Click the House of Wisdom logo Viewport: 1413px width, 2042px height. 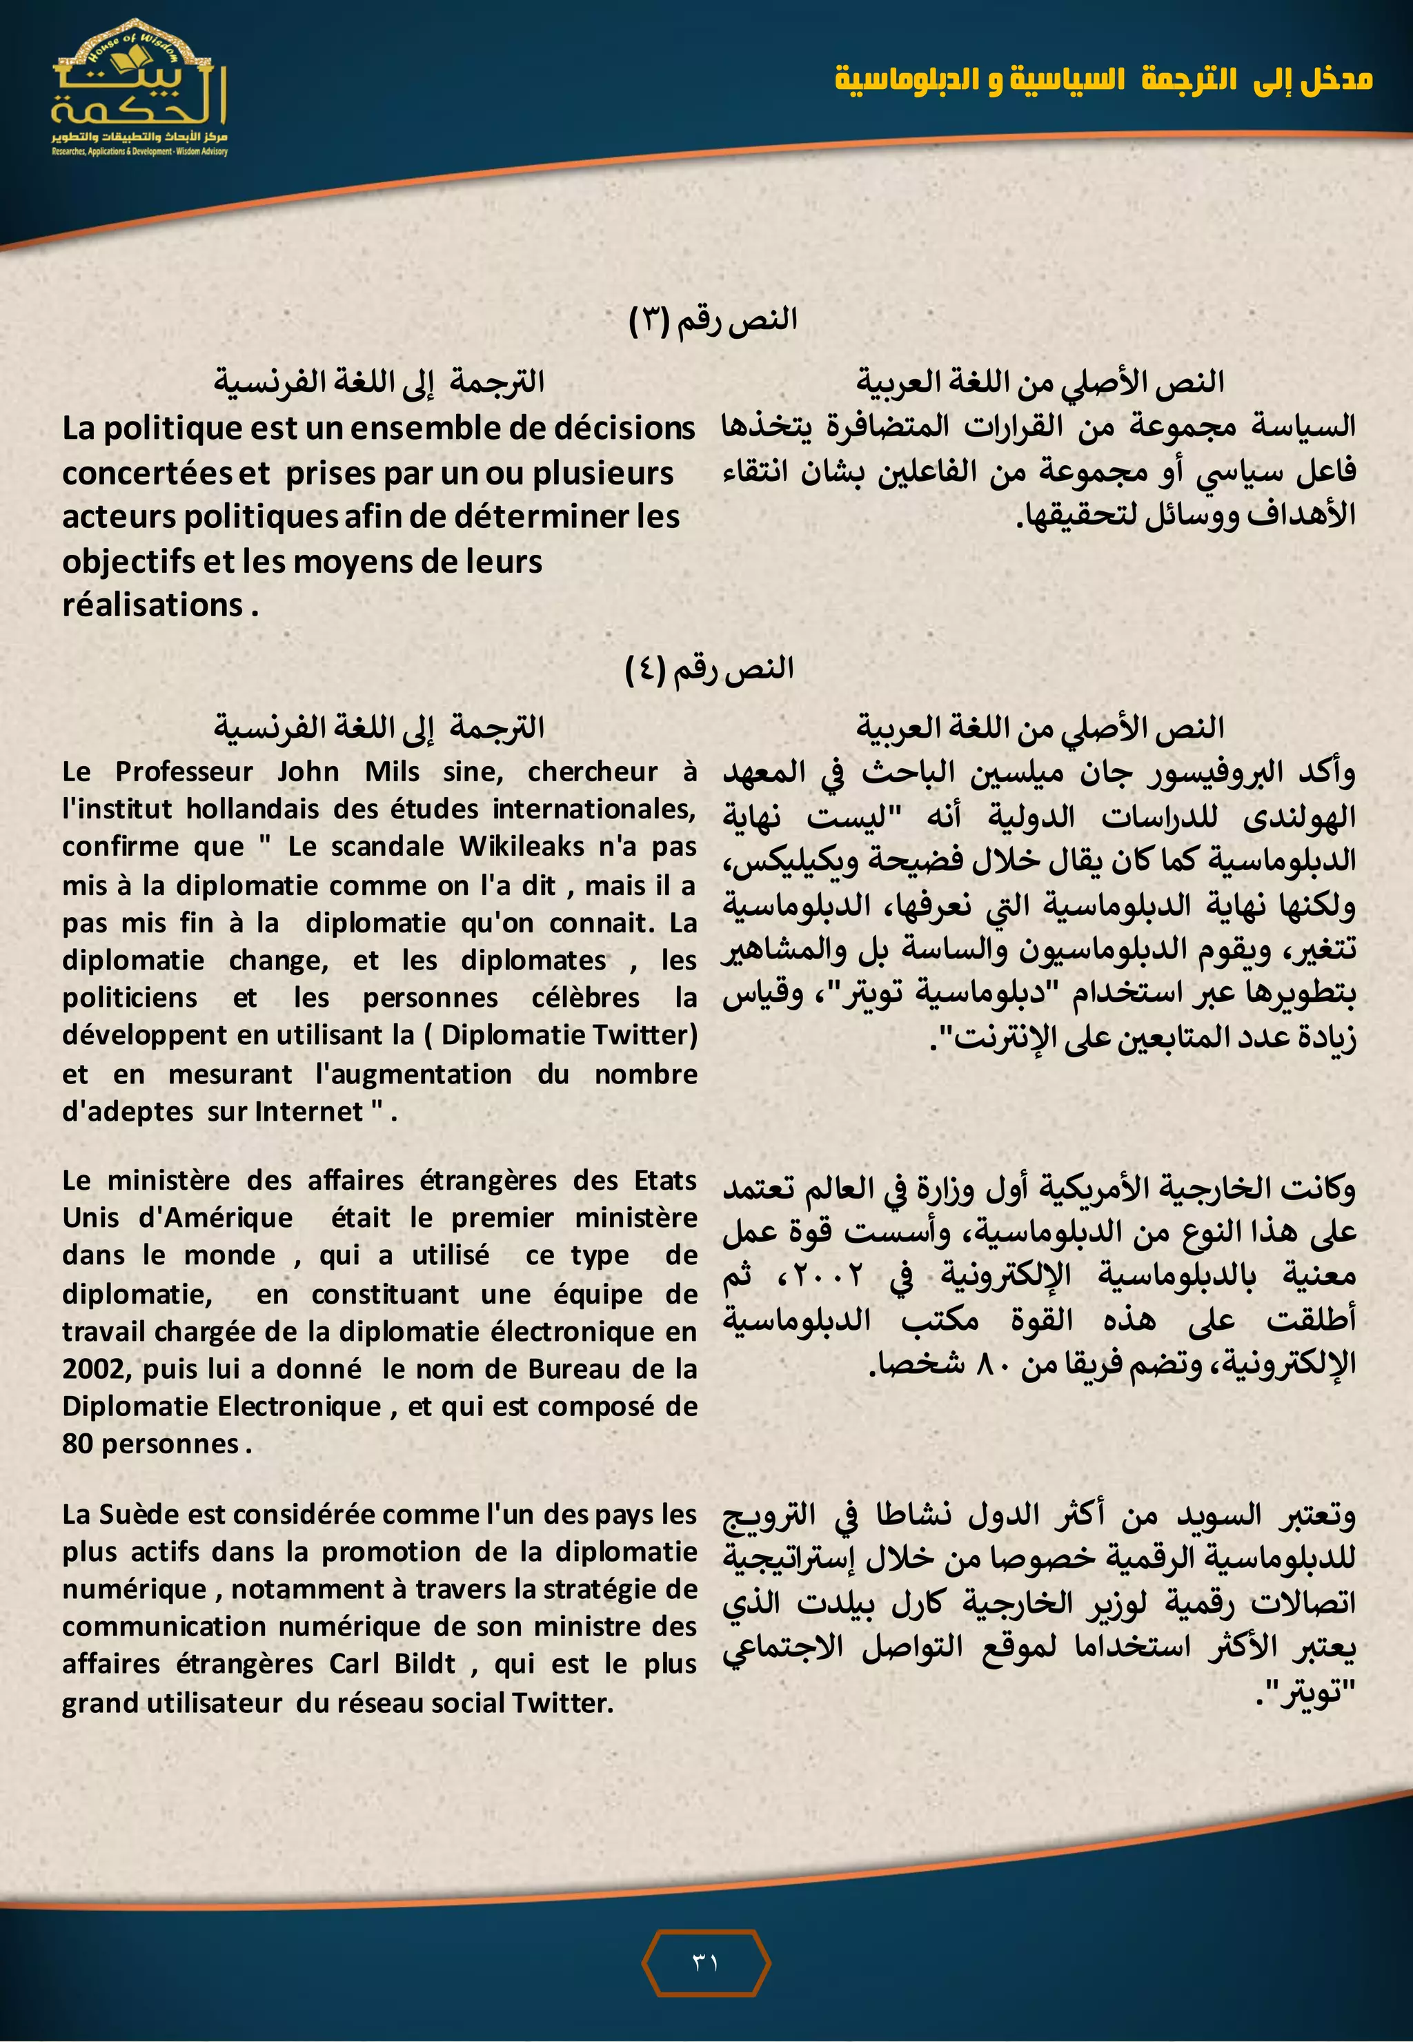(x=139, y=88)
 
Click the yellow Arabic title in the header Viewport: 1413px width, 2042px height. (x=1103, y=79)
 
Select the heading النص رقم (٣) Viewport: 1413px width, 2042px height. (x=713, y=320)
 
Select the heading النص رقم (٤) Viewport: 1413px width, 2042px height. (x=709, y=668)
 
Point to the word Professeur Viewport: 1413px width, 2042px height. (x=184, y=772)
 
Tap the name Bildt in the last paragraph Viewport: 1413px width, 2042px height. (x=425, y=1664)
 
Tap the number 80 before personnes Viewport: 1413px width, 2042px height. (x=78, y=1444)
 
